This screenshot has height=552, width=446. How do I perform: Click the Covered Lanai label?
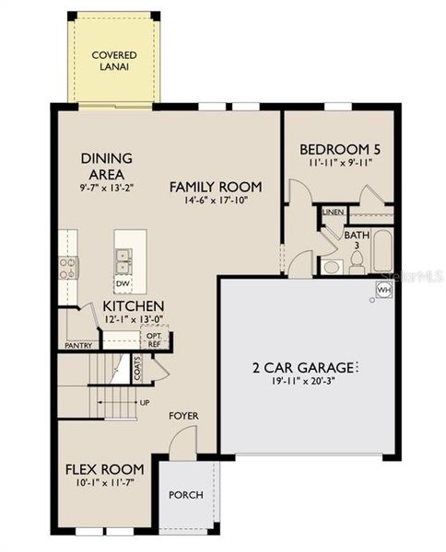pos(114,62)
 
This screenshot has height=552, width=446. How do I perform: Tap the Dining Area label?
pos(107,166)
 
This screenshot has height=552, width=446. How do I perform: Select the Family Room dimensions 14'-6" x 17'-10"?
pos(209,200)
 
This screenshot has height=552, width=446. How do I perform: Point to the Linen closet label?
pos(333,213)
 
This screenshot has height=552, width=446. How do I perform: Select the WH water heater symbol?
pos(383,290)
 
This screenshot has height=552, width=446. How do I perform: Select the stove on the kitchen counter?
pos(67,268)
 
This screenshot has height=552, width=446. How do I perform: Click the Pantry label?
pos(77,346)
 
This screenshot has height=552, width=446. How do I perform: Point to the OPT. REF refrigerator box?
pos(154,339)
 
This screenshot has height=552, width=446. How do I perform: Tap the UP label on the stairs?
pos(144,403)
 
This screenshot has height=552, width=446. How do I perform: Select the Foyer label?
pos(183,416)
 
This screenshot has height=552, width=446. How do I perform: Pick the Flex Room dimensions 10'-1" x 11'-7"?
pos(104,482)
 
